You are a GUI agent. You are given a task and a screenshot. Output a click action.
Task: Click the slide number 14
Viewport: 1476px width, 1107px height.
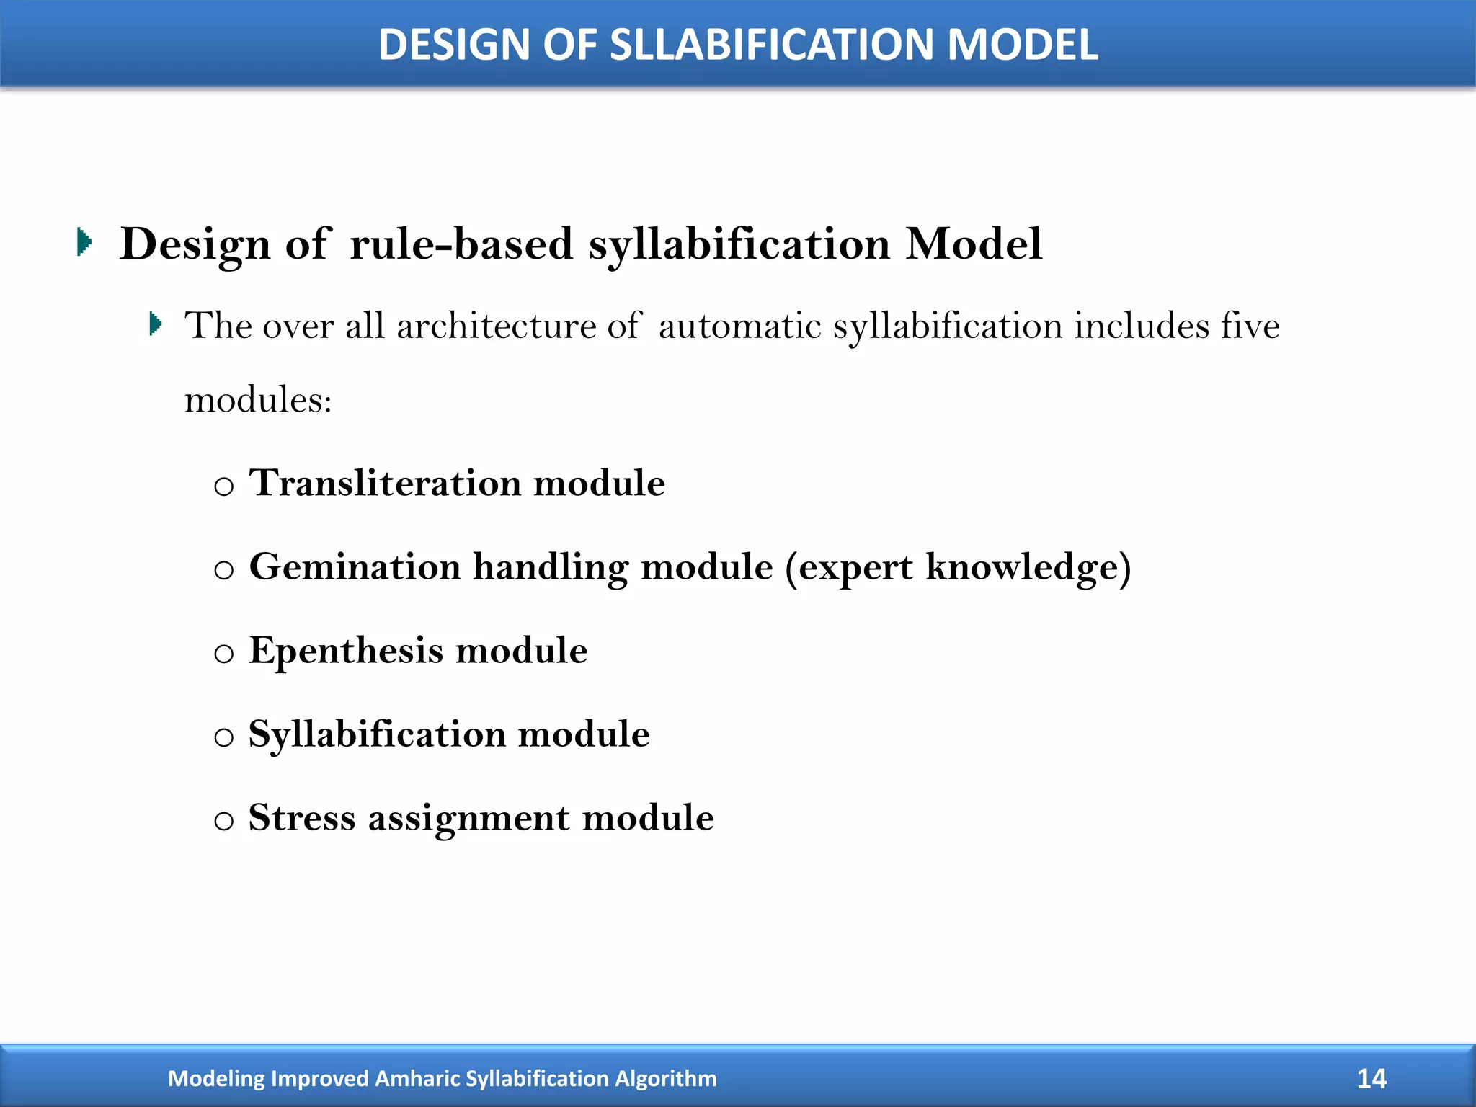pos(1371,1079)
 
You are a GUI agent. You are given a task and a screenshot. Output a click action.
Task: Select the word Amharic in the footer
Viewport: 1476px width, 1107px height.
pos(418,1079)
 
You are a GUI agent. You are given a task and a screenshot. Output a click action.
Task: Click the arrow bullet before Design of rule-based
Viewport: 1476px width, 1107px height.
pos(84,242)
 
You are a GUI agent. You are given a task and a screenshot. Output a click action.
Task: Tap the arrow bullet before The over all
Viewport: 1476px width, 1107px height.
pos(155,324)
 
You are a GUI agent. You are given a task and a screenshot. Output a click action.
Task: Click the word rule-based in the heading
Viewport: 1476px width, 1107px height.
pos(461,244)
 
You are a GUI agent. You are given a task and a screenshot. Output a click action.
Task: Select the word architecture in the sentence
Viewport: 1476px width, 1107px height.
pos(496,326)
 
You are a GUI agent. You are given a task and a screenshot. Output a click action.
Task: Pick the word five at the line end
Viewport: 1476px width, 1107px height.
pos(1250,326)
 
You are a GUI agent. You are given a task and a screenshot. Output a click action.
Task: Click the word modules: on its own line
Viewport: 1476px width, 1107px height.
pos(258,400)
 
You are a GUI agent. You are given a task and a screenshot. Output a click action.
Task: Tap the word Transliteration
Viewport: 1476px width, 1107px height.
pos(385,482)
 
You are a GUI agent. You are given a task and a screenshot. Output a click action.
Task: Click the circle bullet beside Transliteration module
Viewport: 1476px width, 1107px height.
pos(224,486)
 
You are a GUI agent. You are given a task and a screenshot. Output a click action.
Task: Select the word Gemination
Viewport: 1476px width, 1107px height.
pos(355,566)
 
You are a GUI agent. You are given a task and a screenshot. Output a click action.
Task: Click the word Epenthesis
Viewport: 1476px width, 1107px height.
pos(346,651)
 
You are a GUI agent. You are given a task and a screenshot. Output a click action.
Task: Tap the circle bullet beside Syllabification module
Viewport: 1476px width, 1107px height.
pos(224,737)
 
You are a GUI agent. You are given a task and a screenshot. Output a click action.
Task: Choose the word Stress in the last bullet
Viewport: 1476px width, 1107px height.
pos(302,818)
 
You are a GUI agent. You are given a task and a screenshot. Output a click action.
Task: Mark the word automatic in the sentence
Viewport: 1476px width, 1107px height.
pos(739,326)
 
